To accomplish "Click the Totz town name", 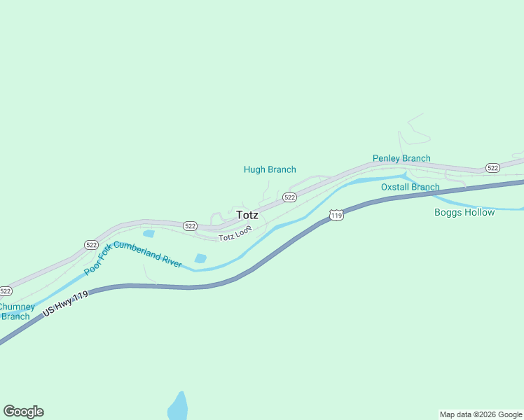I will tap(247, 215).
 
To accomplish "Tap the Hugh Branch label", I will tap(270, 169).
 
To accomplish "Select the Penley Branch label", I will tap(401, 158).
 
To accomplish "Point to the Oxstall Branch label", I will tap(410, 187).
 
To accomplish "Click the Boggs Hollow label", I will tap(464, 212).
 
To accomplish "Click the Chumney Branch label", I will tap(15, 311).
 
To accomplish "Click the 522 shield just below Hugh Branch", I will tap(290, 197).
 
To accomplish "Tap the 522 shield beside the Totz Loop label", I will tap(190, 226).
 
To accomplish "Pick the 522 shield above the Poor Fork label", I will tap(91, 244).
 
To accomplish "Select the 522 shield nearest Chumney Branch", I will tap(6, 290).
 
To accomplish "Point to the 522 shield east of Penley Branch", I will tap(492, 168).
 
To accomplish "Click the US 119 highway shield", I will tap(337, 215).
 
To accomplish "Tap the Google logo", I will tap(24, 412).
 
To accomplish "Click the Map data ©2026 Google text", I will tap(481, 414).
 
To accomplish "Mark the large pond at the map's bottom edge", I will tap(178, 407).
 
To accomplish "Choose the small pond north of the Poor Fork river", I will tap(149, 233).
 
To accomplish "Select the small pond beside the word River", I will tap(200, 258).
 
